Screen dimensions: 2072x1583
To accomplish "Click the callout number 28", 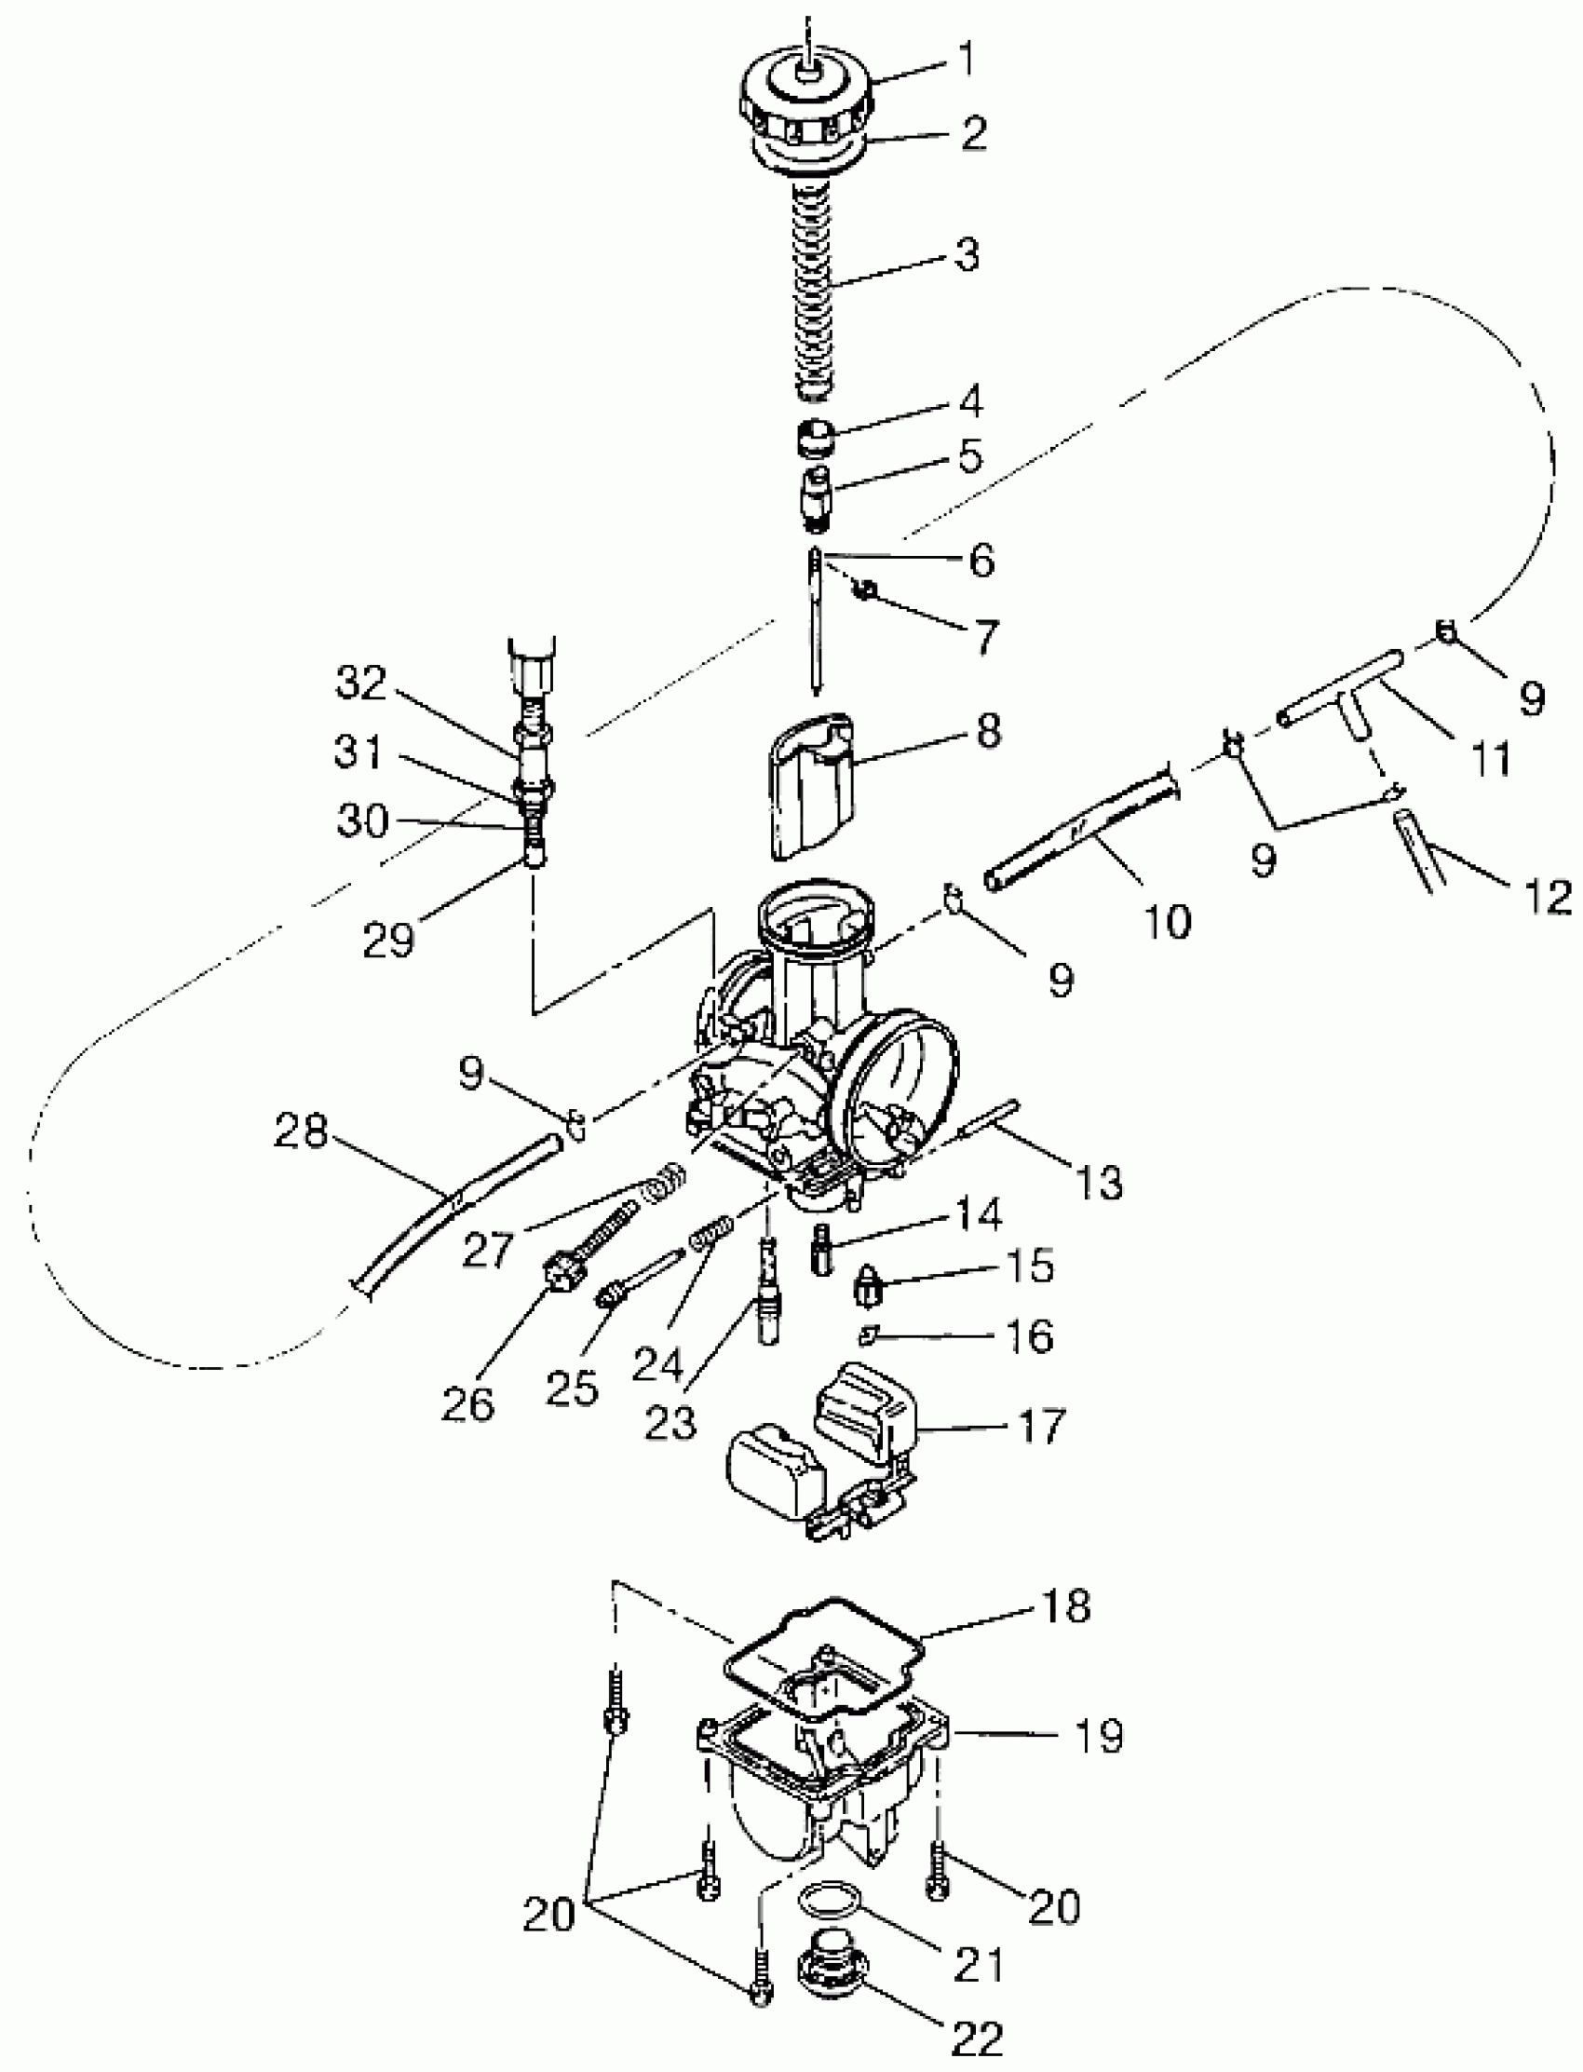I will (301, 1131).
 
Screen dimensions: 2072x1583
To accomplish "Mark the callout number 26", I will (467, 1405).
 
